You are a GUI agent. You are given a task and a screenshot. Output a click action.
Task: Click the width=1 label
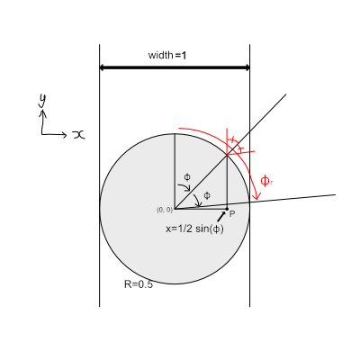click(167, 55)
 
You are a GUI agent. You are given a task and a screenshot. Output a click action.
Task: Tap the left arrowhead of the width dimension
click(102, 67)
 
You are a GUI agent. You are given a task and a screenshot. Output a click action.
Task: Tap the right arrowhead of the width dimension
click(247, 67)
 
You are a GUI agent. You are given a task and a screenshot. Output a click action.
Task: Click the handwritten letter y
click(42, 100)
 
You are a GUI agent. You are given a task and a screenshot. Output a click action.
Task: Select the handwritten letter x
click(78, 135)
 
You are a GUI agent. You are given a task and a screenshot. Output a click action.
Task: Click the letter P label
click(232, 214)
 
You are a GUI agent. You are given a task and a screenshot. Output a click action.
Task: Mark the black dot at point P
click(227, 209)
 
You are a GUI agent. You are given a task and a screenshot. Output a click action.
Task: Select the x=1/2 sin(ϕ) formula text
click(194, 229)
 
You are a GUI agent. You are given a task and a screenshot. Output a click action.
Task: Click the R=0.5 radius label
click(139, 284)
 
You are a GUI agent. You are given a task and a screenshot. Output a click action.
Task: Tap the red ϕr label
click(267, 181)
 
